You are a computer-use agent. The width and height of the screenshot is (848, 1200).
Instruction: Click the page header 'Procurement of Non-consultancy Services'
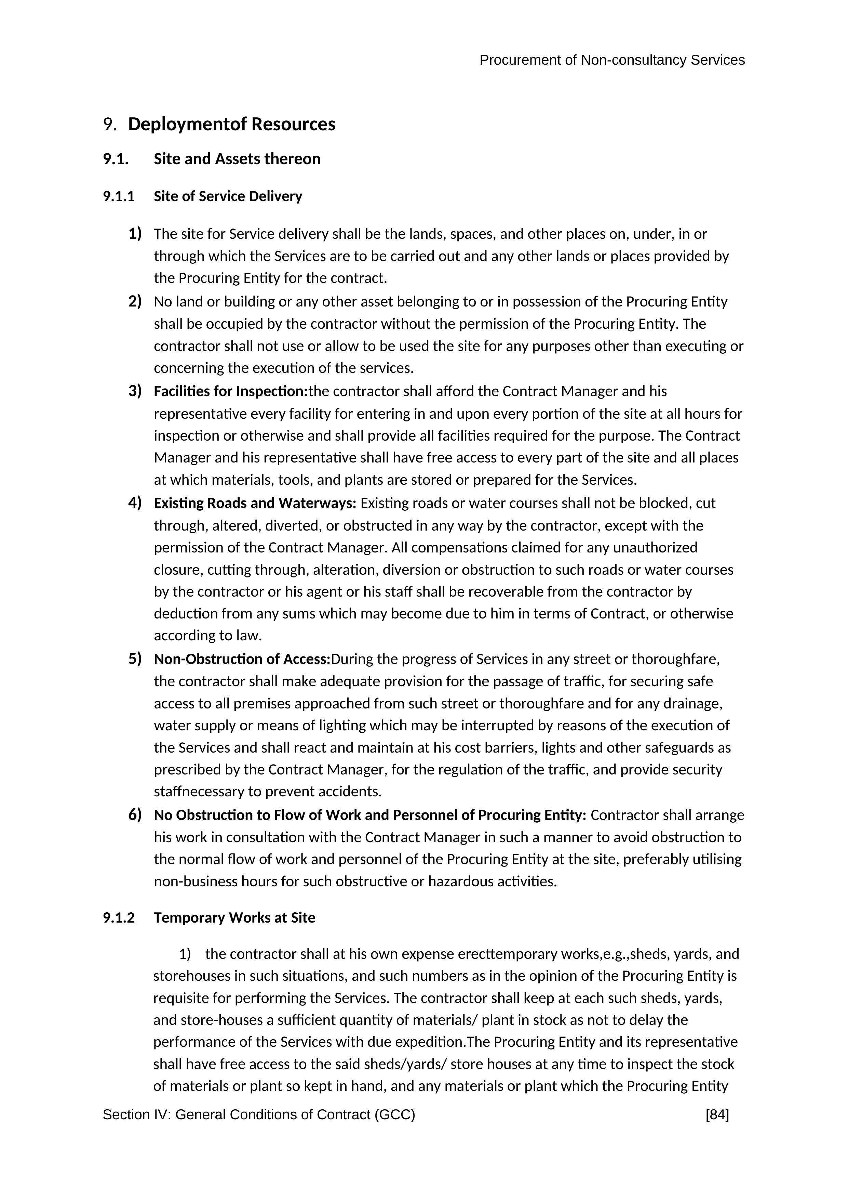(611, 61)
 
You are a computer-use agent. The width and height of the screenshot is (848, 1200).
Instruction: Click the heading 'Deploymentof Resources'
(231, 125)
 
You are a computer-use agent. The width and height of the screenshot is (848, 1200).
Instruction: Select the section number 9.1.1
(119, 196)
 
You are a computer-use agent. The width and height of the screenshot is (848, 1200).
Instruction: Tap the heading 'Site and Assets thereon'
(237, 159)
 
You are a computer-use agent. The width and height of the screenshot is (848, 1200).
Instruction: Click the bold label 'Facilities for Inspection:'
(231, 391)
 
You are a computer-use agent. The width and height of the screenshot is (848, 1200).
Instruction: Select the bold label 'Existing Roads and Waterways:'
(255, 503)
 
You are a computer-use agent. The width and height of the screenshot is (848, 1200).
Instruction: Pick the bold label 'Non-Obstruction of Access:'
(242, 659)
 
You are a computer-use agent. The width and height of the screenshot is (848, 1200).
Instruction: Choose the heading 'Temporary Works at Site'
(234, 918)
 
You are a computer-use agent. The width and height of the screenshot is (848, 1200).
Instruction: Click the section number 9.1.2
(119, 918)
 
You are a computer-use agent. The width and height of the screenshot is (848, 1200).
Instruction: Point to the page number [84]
(717, 1115)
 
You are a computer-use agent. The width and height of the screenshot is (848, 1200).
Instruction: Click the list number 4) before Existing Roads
(135, 503)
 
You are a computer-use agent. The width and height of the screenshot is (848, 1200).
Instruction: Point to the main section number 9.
(109, 125)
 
